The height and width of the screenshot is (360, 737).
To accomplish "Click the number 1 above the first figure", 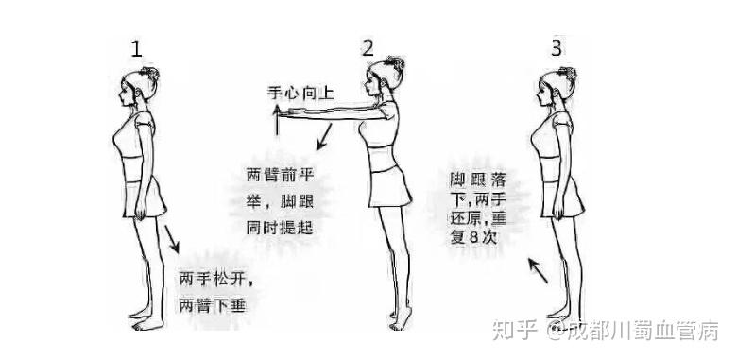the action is (136, 49).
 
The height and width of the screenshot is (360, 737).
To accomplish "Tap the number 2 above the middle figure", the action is (368, 48).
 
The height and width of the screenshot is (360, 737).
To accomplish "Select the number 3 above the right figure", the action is (556, 48).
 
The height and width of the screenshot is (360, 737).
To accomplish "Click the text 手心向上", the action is (300, 93).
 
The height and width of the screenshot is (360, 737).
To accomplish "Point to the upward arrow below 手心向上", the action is (277, 120).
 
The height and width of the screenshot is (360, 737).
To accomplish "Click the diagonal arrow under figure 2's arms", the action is (324, 137).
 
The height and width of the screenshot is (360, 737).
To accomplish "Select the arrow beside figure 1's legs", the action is (172, 239).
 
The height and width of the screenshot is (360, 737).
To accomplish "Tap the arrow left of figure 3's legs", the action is (538, 270).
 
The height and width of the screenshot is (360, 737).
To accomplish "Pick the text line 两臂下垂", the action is (213, 306).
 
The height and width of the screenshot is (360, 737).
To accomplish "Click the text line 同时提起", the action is (280, 228).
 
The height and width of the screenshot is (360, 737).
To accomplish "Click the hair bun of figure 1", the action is (151, 74).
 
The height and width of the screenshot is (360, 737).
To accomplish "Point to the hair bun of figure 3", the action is (568, 74).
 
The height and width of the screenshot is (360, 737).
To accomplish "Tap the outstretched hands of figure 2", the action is (295, 112).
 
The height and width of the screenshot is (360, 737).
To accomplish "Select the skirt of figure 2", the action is (389, 187).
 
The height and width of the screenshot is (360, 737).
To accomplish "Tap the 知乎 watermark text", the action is (514, 330).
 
